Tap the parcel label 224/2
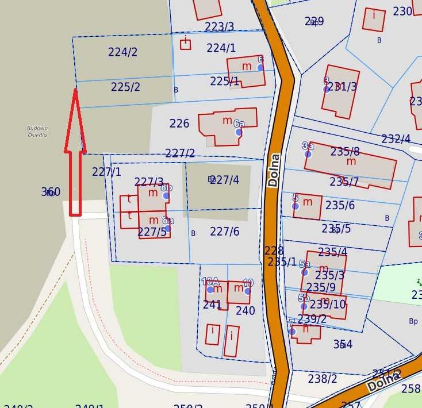(x=122, y=52)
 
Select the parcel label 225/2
(x=125, y=87)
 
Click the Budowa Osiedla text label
(x=37, y=132)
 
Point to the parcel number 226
(x=179, y=124)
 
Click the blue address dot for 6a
(x=239, y=132)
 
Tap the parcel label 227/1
(x=106, y=171)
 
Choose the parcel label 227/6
(x=224, y=231)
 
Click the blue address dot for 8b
(x=166, y=195)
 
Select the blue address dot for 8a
(x=167, y=228)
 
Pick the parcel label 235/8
(x=345, y=152)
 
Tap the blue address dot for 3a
(x=308, y=154)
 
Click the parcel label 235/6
(x=340, y=205)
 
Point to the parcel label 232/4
(x=396, y=139)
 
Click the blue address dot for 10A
(x=210, y=289)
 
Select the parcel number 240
(x=245, y=311)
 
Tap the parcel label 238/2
(x=322, y=379)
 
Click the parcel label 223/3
(x=219, y=27)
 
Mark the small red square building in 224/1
(x=185, y=44)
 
